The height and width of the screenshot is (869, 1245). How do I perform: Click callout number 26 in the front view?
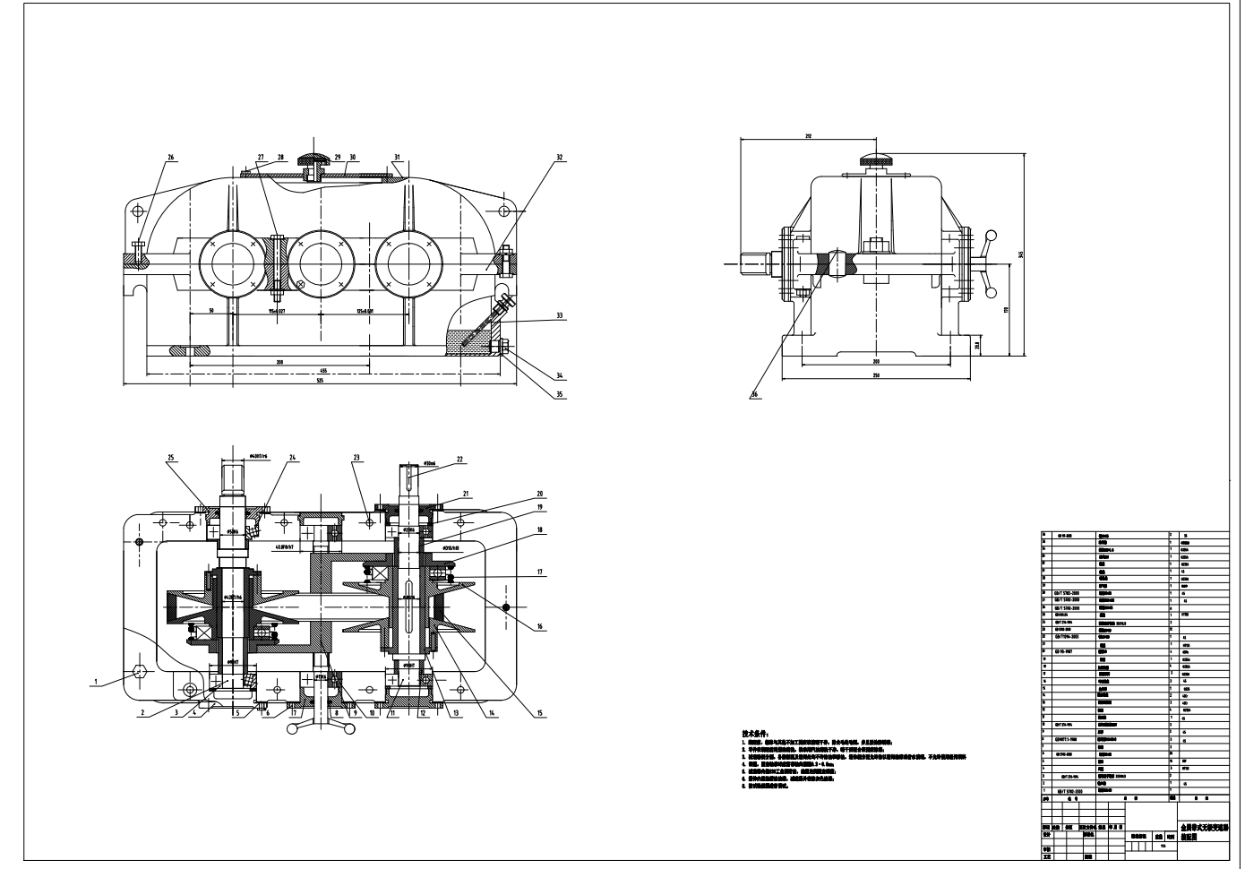(x=170, y=159)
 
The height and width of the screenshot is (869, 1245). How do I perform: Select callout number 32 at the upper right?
(x=559, y=158)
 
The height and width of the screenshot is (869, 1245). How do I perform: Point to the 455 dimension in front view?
(x=322, y=370)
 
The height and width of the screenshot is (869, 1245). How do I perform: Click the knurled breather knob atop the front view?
(x=314, y=160)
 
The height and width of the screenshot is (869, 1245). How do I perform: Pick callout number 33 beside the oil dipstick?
(x=559, y=315)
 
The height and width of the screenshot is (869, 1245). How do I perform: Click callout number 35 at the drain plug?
(x=559, y=392)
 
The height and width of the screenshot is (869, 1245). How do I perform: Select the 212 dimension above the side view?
(x=807, y=136)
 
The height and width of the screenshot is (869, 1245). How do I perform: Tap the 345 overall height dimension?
(x=1020, y=254)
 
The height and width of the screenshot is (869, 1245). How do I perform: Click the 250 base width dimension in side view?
(x=875, y=374)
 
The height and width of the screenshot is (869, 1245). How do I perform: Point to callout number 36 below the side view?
(x=754, y=394)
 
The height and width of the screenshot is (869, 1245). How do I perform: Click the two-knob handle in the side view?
(x=989, y=262)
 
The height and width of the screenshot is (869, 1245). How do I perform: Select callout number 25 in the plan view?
(x=171, y=459)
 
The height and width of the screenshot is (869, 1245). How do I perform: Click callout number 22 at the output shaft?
(x=459, y=460)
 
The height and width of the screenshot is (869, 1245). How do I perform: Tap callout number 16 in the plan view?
(x=539, y=627)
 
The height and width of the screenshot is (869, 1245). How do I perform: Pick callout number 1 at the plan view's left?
(x=94, y=681)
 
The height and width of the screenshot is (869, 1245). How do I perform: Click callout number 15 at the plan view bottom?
(x=539, y=713)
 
